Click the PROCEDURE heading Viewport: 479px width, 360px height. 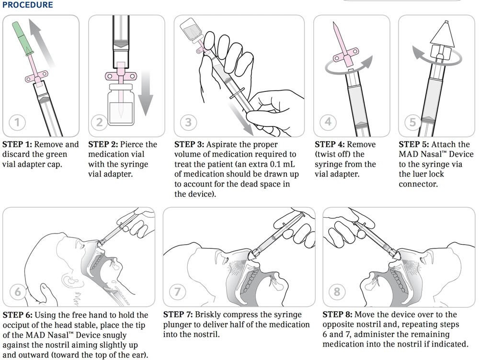coord(28,5)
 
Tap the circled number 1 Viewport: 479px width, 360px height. coord(17,123)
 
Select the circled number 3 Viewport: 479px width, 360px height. coord(188,123)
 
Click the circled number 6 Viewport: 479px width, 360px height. coord(18,292)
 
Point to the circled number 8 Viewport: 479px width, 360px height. coord(338,292)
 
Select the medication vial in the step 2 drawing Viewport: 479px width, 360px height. coord(120,105)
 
